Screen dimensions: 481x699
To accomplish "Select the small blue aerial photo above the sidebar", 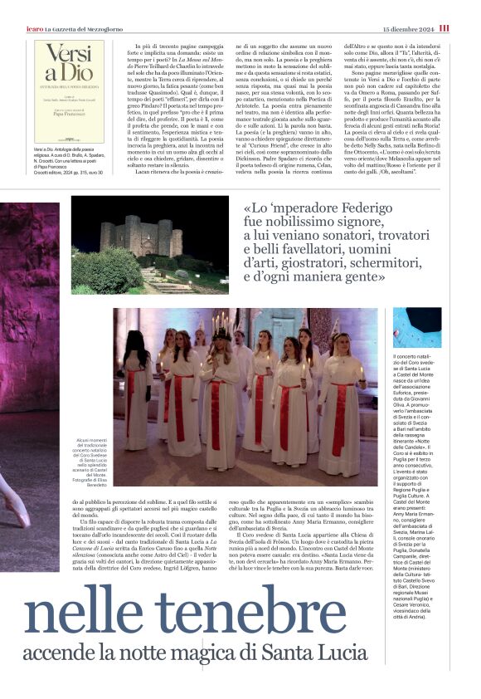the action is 416,328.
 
